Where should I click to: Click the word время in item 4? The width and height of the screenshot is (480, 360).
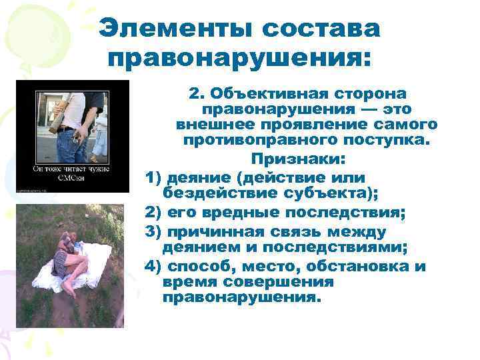tap(189, 282)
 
